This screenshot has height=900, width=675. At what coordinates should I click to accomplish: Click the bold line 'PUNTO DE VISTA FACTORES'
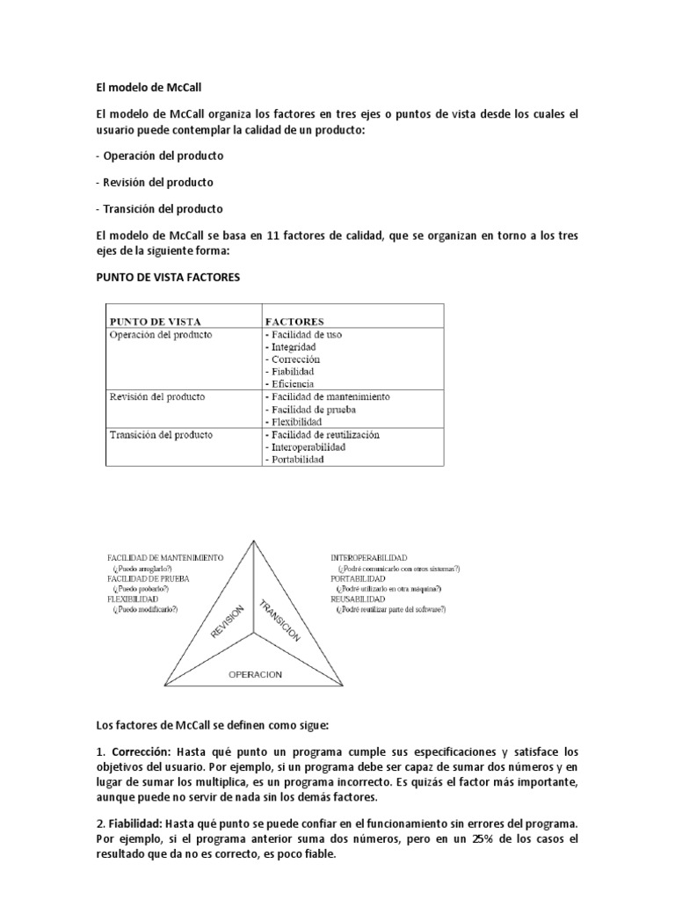[x=167, y=277]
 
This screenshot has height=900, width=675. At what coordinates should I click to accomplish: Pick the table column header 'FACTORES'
[x=294, y=322]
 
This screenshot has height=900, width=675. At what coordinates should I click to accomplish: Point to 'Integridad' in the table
[x=291, y=347]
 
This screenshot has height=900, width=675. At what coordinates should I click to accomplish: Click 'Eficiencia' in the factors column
[x=291, y=384]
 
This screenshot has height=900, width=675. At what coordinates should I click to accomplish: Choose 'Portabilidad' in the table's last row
[x=294, y=460]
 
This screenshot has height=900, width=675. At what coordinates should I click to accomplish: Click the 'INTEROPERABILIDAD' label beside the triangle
[x=368, y=558]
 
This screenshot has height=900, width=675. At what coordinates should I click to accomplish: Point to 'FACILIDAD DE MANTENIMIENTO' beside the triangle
[x=164, y=558]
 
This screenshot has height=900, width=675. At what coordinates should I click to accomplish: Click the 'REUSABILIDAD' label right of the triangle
[x=357, y=598]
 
